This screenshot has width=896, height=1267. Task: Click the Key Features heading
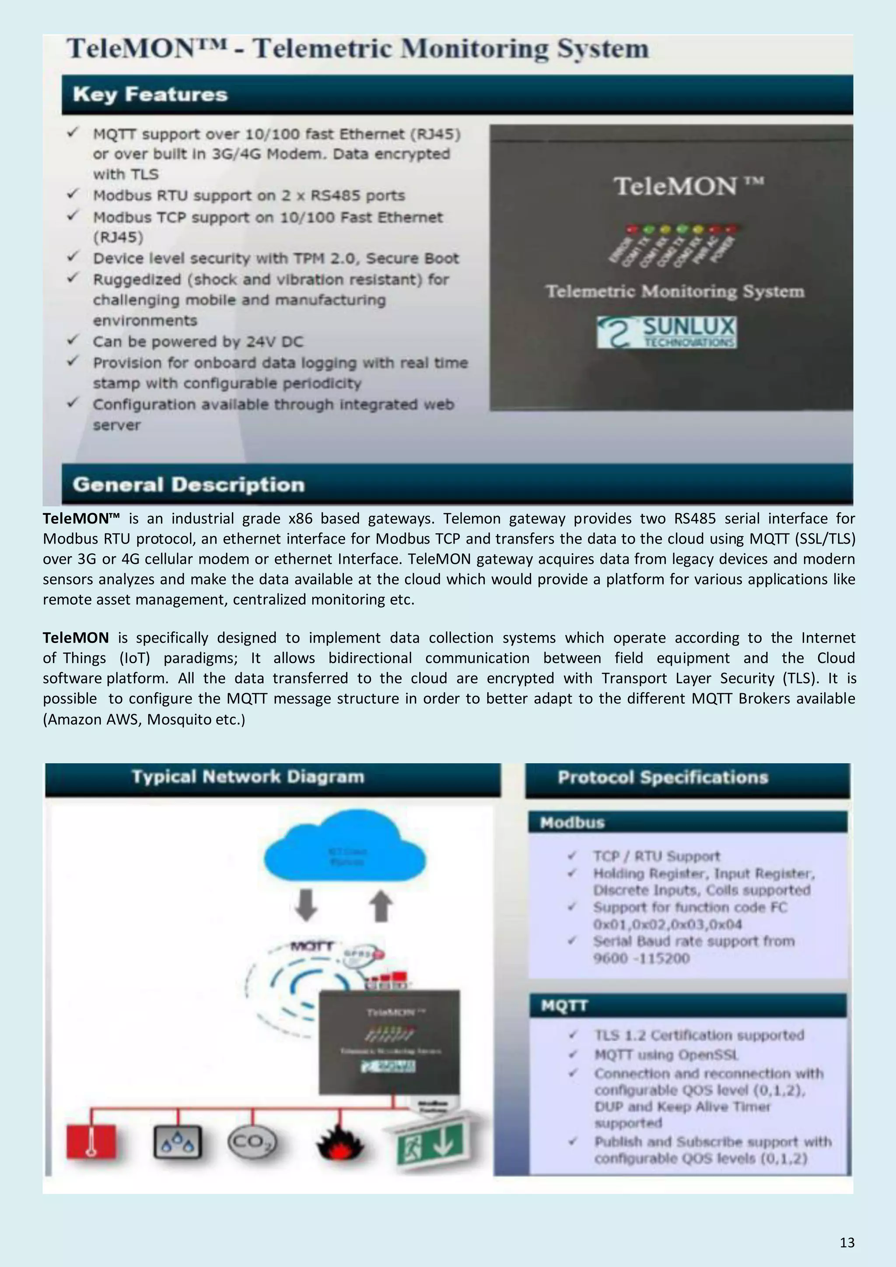(150, 94)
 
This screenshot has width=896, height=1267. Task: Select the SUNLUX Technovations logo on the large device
(666, 332)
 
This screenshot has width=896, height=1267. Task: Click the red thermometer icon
(91, 1141)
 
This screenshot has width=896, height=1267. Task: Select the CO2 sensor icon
(252, 1141)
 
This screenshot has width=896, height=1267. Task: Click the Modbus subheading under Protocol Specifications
(573, 823)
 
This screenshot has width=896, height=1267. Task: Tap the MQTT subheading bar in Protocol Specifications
(564, 1005)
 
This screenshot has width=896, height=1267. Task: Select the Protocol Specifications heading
(662, 777)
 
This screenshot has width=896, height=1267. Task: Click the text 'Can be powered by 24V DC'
(198, 342)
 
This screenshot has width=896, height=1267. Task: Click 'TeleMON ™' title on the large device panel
(688, 186)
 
